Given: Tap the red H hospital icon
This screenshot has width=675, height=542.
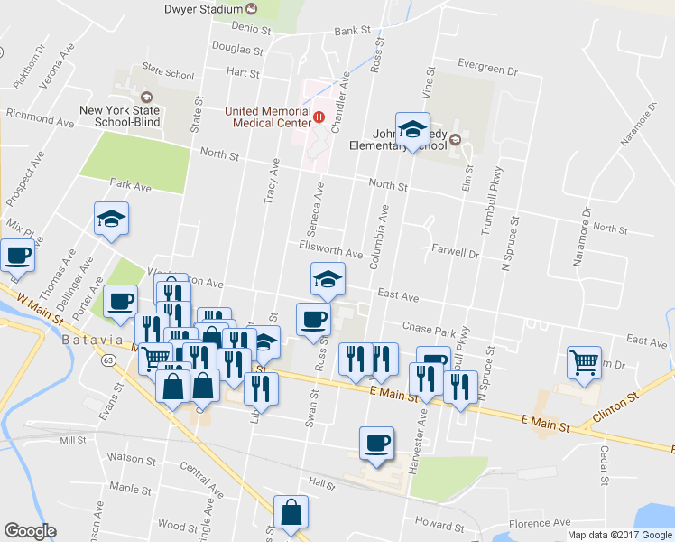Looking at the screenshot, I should point(318,116).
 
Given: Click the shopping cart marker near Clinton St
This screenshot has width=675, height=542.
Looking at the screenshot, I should point(584,363).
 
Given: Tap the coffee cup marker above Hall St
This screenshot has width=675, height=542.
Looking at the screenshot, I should point(376,444).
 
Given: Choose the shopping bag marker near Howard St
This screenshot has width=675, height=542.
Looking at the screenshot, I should point(291,512).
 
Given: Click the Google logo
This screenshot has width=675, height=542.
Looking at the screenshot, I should point(30,531).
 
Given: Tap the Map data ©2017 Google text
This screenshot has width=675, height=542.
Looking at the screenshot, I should point(619,535).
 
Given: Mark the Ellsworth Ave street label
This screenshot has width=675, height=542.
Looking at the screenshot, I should point(330,248).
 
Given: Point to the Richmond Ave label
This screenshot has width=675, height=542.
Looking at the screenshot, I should point(41,117).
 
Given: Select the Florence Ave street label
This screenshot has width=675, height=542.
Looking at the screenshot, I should point(539,522).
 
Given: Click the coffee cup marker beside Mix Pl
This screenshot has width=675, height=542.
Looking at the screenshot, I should point(17,255).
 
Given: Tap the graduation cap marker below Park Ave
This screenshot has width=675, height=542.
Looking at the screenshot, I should point(112,219).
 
